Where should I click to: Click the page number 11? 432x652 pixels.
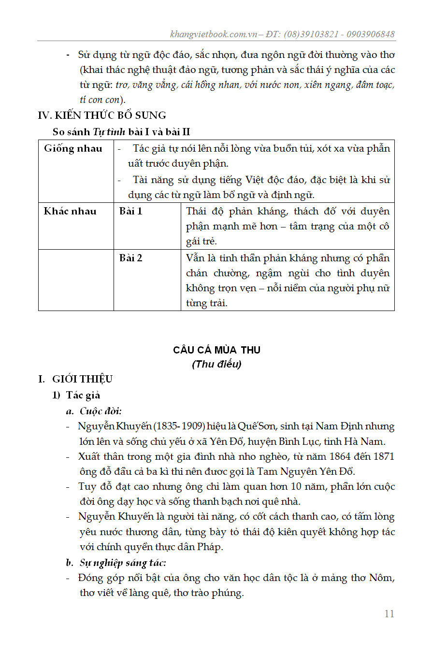point(389,614)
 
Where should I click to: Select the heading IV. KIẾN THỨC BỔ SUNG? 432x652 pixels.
point(102,115)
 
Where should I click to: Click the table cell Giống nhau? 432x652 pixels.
point(73,149)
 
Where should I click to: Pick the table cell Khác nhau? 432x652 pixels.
point(70,211)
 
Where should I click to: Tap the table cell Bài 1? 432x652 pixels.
point(131,211)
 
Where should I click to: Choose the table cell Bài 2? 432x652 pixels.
point(131,258)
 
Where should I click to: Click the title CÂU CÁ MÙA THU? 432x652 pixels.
point(216,350)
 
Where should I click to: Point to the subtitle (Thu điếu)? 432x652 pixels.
point(216,364)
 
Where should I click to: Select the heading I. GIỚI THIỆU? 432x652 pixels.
point(75,379)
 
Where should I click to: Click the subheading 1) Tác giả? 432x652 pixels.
point(76,395)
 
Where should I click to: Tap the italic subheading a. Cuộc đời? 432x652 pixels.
point(94,411)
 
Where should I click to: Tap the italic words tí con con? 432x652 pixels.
point(100,100)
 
